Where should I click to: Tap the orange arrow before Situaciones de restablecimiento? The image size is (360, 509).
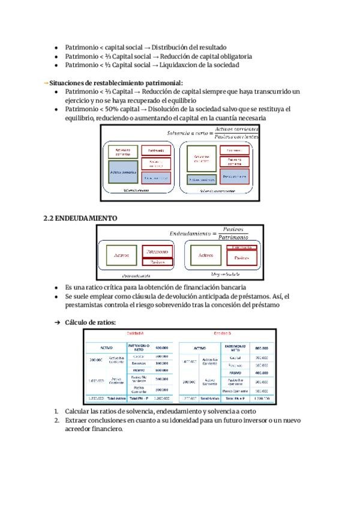point(46,82)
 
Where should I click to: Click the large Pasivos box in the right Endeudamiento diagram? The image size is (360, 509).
point(241,258)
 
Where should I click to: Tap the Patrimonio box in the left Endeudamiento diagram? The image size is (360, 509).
point(158,251)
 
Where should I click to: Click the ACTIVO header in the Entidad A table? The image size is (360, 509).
point(106,348)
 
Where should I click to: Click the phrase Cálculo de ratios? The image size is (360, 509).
point(90,322)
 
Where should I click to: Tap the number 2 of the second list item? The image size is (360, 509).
point(56,420)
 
